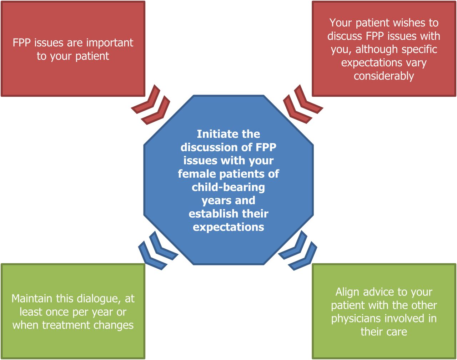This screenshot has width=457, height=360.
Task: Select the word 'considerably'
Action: [x=384, y=76]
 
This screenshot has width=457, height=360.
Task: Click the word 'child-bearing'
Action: [x=228, y=187]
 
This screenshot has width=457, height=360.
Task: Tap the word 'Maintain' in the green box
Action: [x=32, y=299]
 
